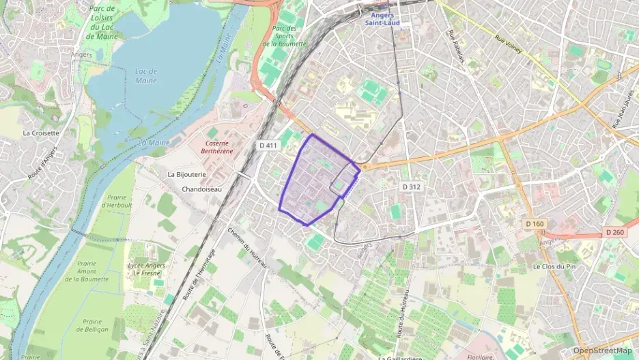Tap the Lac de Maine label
pos(146,76)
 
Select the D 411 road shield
pos(268,146)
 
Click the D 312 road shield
pos(410,186)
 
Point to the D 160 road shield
pos(535,223)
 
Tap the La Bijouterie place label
pos(186,174)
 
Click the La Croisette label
pos(41,133)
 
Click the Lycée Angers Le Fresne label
pos(147,269)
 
